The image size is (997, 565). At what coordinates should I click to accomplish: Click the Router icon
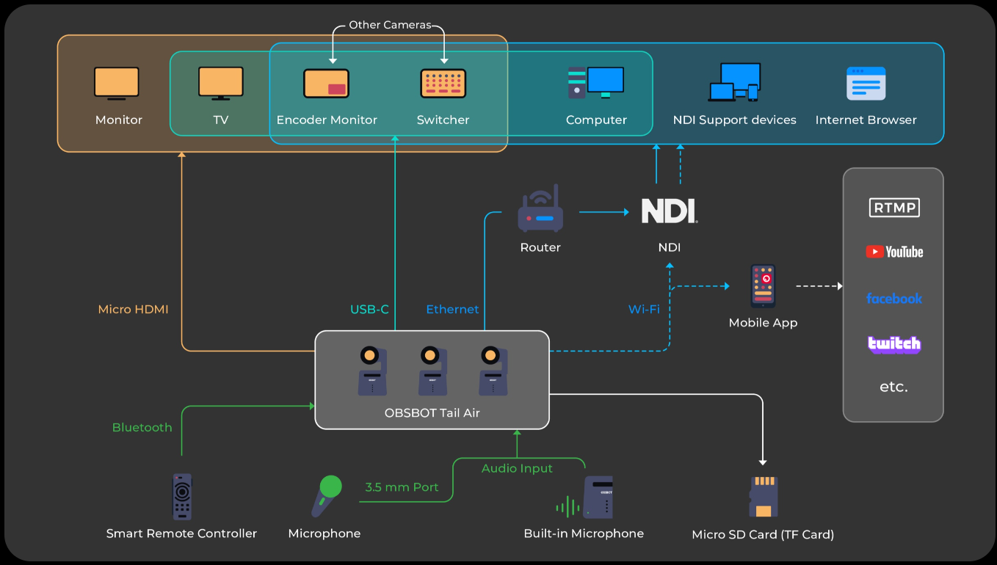tap(540, 208)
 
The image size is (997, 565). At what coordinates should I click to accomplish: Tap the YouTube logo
tap(894, 252)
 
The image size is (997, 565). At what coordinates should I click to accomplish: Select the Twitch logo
tap(894, 344)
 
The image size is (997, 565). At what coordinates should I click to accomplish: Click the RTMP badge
tap(894, 208)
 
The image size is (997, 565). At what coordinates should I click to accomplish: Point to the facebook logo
tap(894, 298)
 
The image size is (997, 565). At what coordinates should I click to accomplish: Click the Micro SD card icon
tap(764, 497)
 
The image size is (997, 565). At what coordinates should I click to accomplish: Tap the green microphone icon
tap(327, 496)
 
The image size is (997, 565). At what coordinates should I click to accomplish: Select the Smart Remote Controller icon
tap(182, 497)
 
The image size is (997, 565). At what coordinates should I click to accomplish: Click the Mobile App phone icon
tap(763, 286)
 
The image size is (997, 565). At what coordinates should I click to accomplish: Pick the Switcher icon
tap(443, 83)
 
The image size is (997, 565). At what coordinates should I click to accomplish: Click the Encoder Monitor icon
tap(326, 83)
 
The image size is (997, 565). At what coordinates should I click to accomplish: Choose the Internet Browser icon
tap(866, 83)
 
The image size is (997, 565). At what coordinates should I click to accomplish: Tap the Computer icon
tap(595, 83)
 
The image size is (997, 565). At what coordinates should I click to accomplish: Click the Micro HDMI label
tap(133, 309)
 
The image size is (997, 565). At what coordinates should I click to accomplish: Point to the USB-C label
tap(369, 309)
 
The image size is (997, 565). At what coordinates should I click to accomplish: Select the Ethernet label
tap(452, 309)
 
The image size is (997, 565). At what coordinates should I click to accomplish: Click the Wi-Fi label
tap(644, 309)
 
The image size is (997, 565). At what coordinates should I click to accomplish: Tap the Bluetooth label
tap(142, 428)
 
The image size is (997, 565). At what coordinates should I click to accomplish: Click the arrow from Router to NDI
tap(604, 212)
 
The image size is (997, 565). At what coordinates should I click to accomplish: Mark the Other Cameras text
tap(390, 25)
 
